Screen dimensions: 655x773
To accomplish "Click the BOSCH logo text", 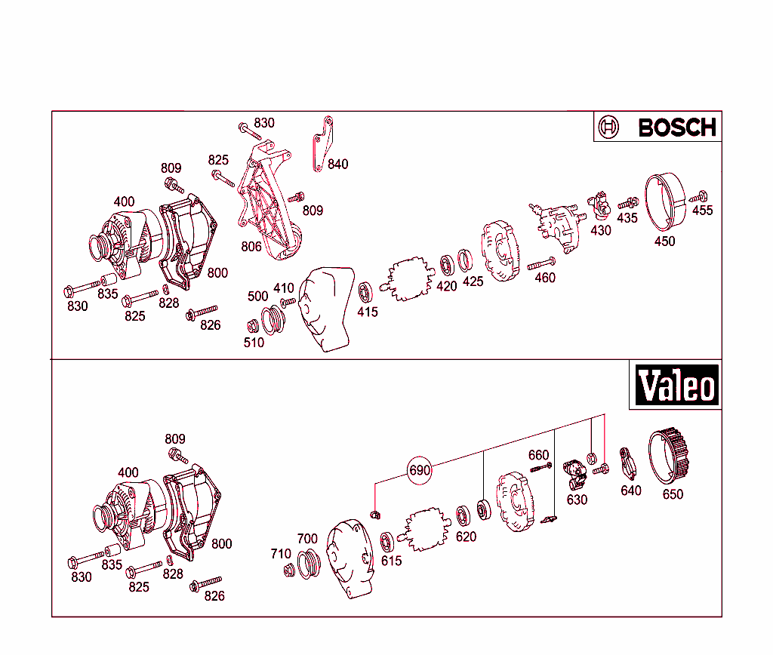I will tap(676, 128).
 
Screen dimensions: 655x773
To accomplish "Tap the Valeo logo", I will tap(675, 386).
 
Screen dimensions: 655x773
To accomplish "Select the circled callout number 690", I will tap(419, 471).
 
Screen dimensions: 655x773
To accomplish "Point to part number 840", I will tap(337, 164).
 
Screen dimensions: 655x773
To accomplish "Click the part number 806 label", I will tap(251, 247).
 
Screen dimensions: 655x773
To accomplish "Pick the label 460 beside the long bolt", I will tap(544, 278).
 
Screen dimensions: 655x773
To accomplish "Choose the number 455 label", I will tap(702, 211).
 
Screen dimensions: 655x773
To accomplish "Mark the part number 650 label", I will tap(672, 494).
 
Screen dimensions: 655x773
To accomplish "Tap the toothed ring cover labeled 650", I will tap(670, 456).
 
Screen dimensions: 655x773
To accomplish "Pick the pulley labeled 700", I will tap(309, 564).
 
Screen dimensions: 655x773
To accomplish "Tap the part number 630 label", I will tap(577, 500).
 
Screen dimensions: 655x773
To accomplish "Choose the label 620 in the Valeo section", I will tap(466, 537).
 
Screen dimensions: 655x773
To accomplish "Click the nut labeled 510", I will tap(253, 325).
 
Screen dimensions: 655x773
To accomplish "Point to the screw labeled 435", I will tap(626, 203).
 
